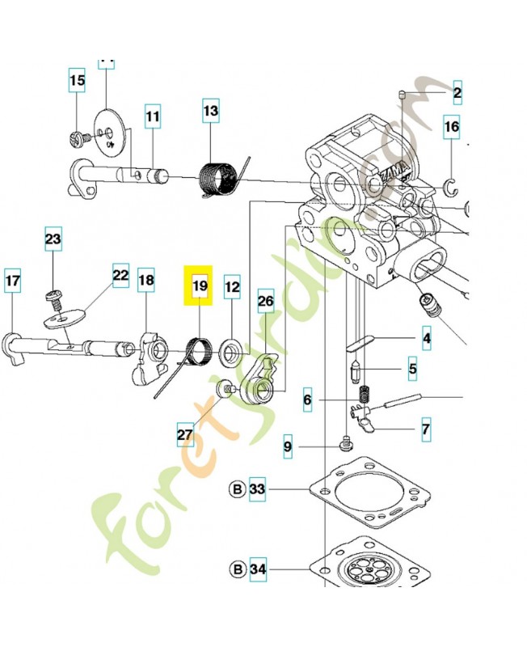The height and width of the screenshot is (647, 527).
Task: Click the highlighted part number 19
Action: pyautogui.click(x=200, y=285)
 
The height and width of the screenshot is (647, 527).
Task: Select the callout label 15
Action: pyautogui.click(x=77, y=81)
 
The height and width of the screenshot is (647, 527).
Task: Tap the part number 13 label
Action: pyautogui.click(x=210, y=111)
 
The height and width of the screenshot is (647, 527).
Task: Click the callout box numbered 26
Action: pyautogui.click(x=266, y=302)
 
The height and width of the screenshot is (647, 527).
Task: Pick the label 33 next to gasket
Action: pyautogui.click(x=257, y=489)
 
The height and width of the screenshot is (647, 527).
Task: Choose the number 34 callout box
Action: pyautogui.click(x=257, y=569)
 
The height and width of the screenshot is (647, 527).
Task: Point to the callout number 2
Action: pyautogui.click(x=457, y=95)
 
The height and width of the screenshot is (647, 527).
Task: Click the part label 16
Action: pyautogui.click(x=452, y=127)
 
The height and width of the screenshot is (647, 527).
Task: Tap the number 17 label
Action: pyautogui.click(x=12, y=281)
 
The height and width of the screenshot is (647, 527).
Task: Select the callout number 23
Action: pyautogui.click(x=53, y=239)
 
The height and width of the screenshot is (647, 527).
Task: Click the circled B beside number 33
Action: pyautogui.click(x=238, y=489)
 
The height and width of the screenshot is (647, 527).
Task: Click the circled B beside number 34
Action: pyautogui.click(x=238, y=569)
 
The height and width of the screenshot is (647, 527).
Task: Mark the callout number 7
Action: pyautogui.click(x=425, y=429)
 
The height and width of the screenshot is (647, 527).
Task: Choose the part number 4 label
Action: pyautogui.click(x=425, y=336)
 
